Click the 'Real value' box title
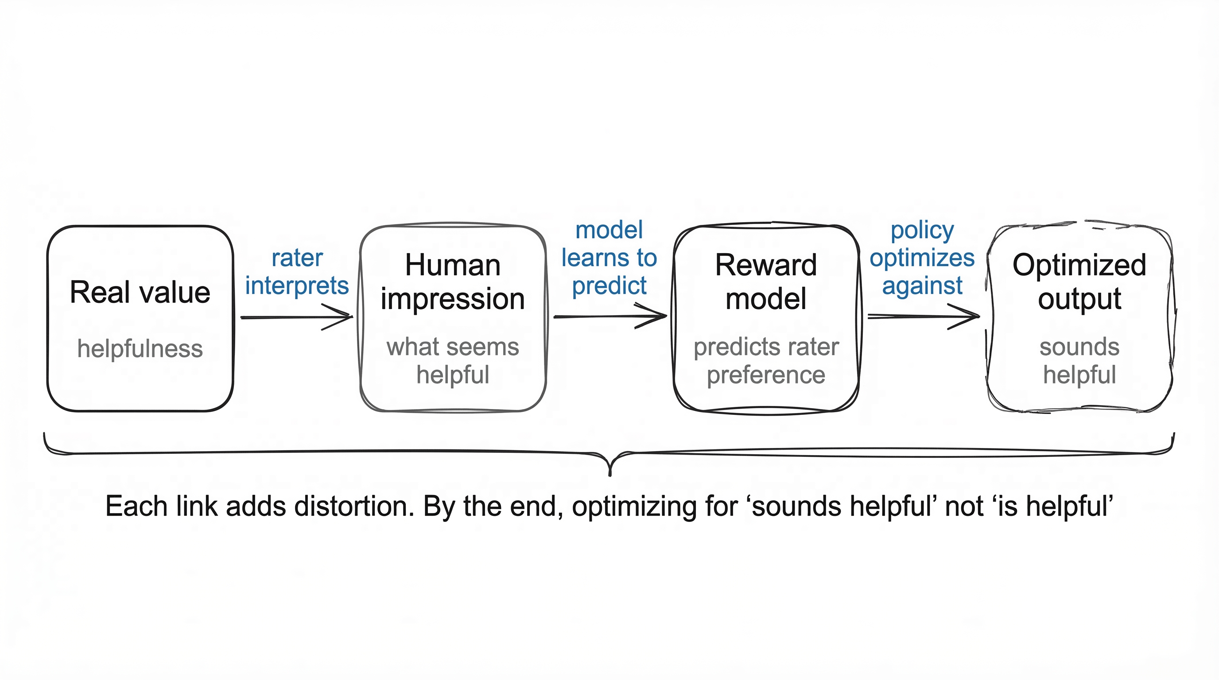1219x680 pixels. coord(140,292)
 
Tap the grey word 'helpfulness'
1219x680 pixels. coord(140,348)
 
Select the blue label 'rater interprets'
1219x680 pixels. coord(297,272)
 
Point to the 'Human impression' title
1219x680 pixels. coord(452,282)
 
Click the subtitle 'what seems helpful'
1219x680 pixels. coord(452,360)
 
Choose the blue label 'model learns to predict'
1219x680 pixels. coord(609,258)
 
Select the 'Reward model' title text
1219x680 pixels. coord(766,282)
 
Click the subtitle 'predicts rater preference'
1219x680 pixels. coord(766,360)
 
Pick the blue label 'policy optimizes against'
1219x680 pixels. coord(922,258)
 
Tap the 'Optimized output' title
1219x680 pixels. coord(1079,282)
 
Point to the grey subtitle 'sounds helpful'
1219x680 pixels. coord(1079,360)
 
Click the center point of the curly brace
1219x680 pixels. coord(610,466)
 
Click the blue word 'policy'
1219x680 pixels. coord(922,230)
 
